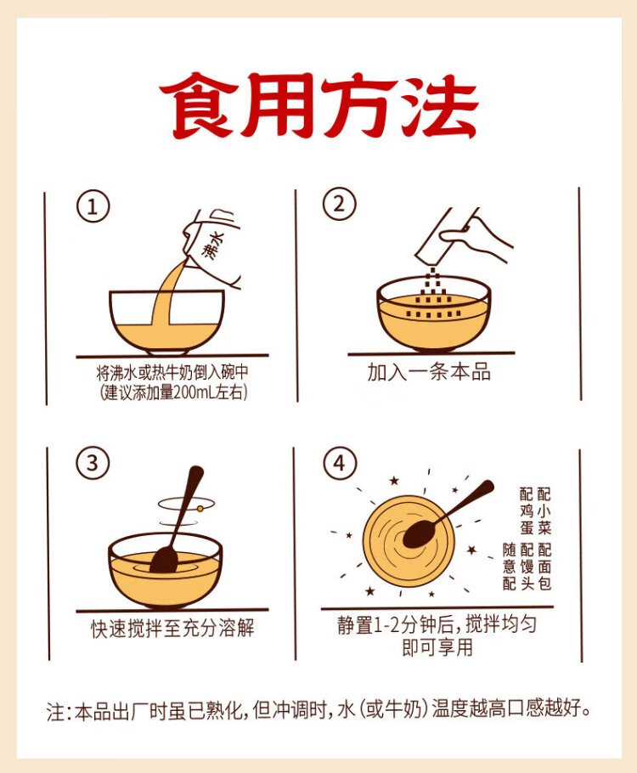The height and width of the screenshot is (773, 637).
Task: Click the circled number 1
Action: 93,207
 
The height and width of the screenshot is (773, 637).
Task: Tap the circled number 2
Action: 339,204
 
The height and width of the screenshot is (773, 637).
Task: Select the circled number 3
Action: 93,464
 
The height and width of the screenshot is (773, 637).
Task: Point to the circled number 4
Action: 339,464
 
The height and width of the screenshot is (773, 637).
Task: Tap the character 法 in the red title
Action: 440,106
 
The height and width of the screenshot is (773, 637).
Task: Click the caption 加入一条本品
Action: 428,372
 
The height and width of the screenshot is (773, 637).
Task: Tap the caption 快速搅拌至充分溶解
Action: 172,628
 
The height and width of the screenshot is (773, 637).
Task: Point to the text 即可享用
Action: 437,647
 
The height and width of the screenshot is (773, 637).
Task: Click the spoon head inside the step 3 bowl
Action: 164,560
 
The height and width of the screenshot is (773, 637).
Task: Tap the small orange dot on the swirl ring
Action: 200,508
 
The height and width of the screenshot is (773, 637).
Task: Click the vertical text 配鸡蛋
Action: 527,511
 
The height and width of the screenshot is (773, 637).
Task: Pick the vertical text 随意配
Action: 510,567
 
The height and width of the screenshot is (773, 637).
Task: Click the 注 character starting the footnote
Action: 56,710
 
